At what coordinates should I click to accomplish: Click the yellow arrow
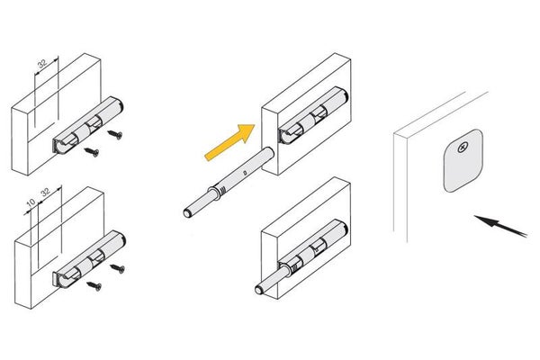230,142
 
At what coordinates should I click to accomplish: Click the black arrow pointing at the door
500,226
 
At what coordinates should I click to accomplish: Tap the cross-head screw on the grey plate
463,148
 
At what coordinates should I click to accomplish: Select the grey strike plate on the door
463,161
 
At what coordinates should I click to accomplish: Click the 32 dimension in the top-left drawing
42,64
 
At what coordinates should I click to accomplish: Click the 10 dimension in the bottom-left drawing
31,202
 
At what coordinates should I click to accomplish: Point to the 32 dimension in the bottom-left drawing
46,192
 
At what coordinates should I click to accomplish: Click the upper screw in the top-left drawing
115,134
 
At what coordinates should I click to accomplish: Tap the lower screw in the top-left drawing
92,151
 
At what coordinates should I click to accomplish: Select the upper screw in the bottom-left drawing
117,268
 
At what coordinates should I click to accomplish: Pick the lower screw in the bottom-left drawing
94,285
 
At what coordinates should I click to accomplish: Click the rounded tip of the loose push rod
188,213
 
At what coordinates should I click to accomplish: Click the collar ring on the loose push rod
214,193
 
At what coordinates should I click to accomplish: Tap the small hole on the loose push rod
244,172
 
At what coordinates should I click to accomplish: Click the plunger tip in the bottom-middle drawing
259,290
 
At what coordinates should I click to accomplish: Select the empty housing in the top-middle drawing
313,115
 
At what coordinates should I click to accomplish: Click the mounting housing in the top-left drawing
87,125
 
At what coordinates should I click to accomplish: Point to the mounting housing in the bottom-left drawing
89,258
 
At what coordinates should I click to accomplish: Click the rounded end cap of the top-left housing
119,104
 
